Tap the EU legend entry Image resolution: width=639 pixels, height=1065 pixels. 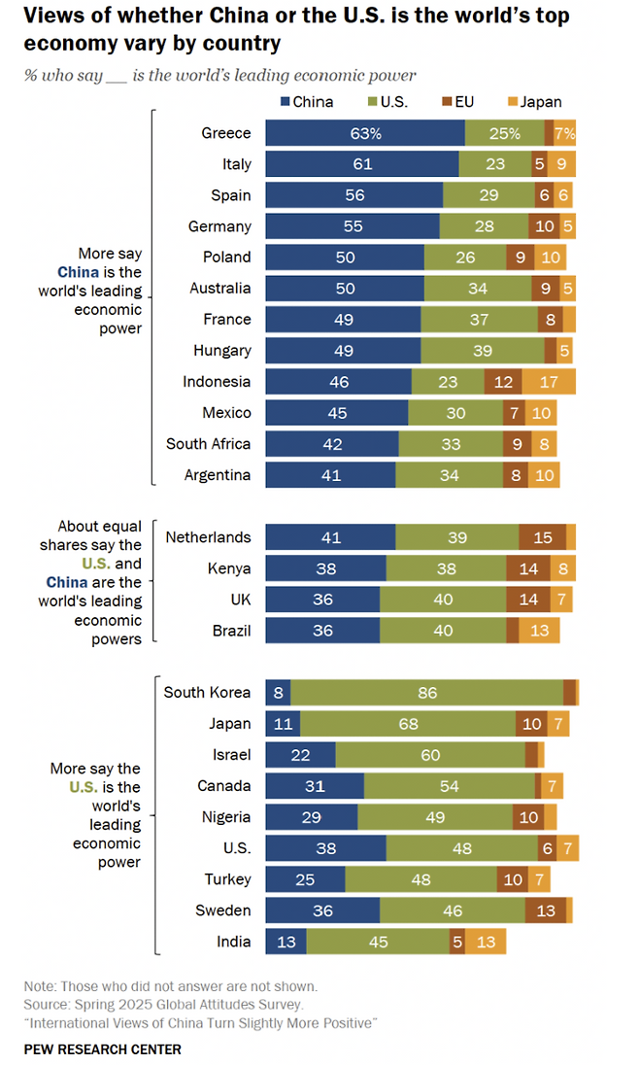(x=472, y=101)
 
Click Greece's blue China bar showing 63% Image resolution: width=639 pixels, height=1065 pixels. (x=365, y=133)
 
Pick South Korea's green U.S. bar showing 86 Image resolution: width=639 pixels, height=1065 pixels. (x=427, y=693)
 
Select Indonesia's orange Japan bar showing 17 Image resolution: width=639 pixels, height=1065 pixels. (x=549, y=382)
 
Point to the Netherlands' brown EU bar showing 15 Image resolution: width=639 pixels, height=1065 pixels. (x=542, y=537)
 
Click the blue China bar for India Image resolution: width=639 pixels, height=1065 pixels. (x=286, y=942)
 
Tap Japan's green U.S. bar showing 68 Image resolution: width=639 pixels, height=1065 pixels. (x=408, y=724)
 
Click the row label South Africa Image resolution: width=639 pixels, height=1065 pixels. (x=208, y=444)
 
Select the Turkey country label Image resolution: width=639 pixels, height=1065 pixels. (x=227, y=879)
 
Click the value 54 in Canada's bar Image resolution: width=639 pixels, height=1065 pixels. (x=450, y=786)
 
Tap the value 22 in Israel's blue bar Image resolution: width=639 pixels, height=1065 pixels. (x=300, y=755)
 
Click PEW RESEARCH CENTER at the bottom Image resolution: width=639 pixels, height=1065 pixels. (x=103, y=1049)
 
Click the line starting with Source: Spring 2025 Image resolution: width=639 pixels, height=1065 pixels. (x=163, y=1005)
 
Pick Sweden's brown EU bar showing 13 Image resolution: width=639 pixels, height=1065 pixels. (x=546, y=910)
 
